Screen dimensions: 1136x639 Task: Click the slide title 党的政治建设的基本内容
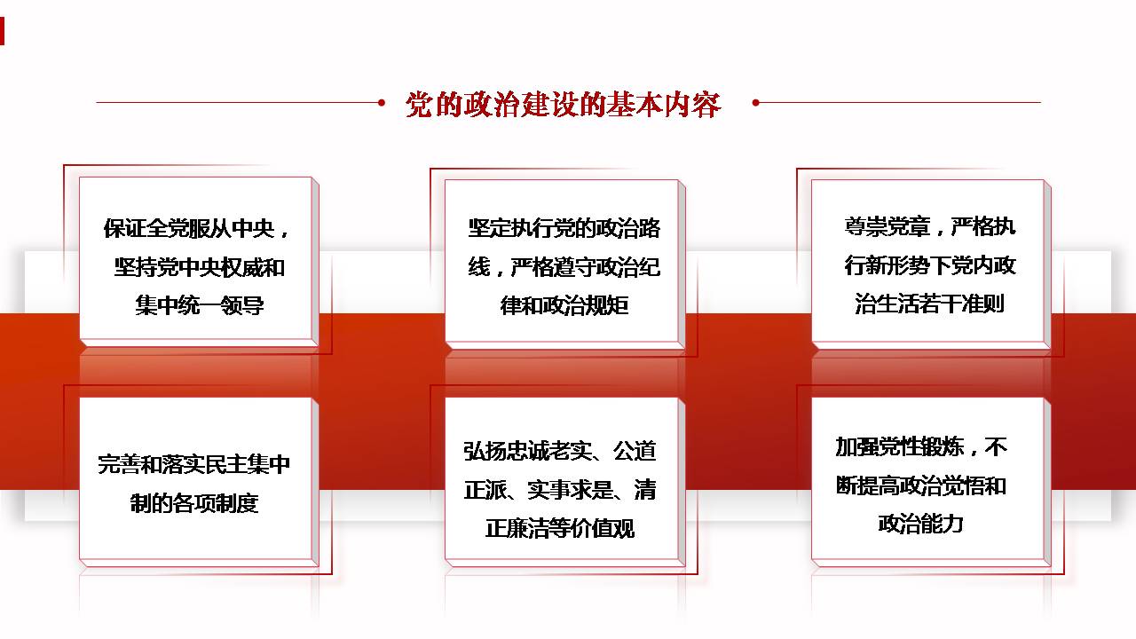pos(563,105)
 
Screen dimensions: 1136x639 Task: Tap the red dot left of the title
pos(382,102)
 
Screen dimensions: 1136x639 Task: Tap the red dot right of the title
pos(755,102)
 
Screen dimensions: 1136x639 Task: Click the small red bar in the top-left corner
pos(2,31)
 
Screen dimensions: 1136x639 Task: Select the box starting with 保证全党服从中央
pos(199,262)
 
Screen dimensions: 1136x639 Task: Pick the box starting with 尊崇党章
pos(931,264)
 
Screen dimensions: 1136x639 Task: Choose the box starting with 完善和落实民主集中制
pos(199,482)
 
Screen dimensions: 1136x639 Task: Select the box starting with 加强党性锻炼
pos(931,482)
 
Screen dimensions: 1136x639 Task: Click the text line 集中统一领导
pos(200,305)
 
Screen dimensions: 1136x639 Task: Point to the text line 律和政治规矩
pos(564,305)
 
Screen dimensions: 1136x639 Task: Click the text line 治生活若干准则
pos(929,304)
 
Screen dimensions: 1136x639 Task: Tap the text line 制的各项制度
pos(194,503)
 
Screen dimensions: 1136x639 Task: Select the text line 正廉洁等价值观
pos(560,528)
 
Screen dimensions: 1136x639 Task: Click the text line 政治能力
pos(920,524)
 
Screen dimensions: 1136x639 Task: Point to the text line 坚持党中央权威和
pos(200,267)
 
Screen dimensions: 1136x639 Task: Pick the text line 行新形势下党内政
pos(930,265)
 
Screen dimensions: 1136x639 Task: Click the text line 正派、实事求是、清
pos(560,489)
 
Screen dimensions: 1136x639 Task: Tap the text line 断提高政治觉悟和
pos(921,485)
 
